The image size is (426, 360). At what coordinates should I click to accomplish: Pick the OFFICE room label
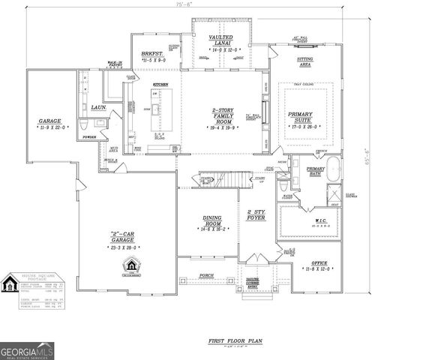317,263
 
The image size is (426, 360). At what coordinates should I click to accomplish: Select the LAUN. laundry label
97,108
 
